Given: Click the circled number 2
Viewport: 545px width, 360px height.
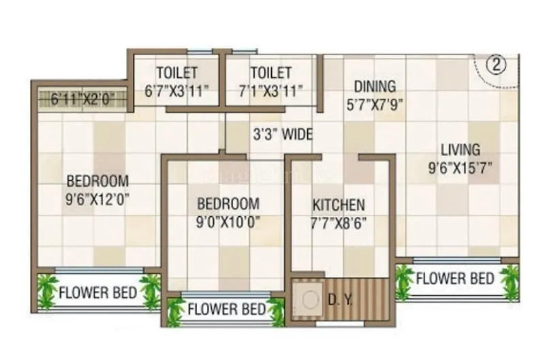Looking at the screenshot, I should pos(497,65).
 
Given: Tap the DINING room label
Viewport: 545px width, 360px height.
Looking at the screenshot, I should pos(373,87).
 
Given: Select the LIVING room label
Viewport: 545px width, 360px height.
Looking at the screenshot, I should pos(460,149).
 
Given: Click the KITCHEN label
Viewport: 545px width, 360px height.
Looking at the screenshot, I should pos(339,205).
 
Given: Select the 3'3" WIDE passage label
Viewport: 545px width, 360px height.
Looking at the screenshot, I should pos(283,134).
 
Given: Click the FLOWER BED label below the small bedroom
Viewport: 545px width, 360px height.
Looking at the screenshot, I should pos(226,310).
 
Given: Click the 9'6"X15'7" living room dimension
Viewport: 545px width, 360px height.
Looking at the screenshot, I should pos(461,167).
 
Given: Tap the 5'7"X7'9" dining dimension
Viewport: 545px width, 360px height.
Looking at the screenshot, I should pos(373,105).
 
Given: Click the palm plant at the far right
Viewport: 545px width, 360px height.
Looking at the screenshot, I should pos(510,282).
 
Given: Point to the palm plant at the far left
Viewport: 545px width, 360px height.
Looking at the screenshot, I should pos(47,291).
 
